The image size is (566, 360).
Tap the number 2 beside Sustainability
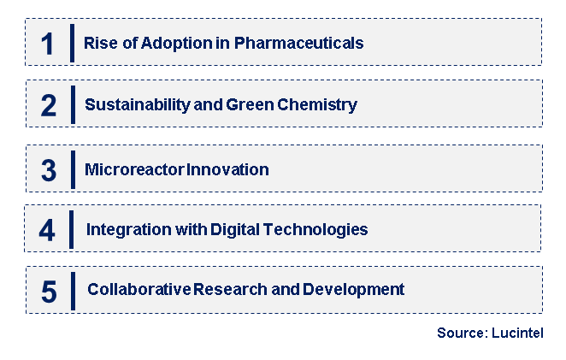tap(49, 105)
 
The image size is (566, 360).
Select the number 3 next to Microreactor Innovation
tap(49, 169)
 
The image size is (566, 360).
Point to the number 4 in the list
tap(49, 229)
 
